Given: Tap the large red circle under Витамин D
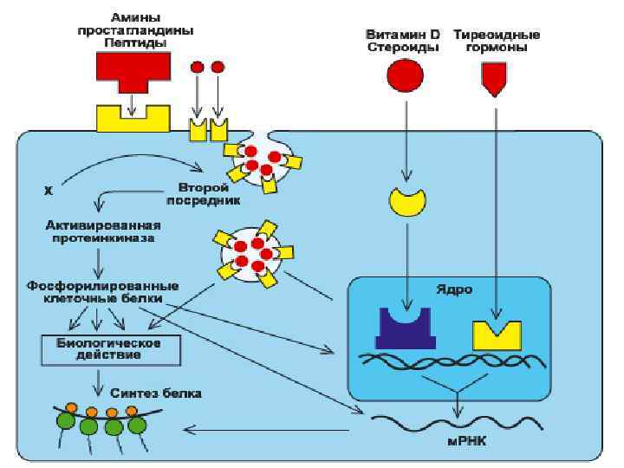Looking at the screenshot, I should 403,76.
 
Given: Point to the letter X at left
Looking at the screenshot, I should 48,189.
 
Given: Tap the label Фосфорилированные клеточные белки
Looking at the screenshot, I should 101,290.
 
